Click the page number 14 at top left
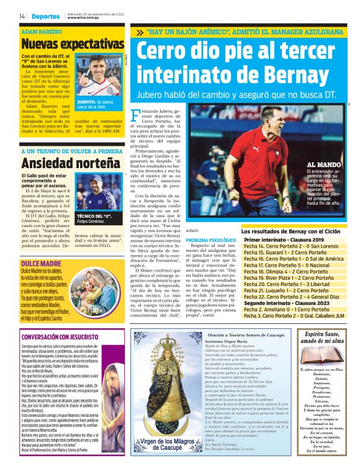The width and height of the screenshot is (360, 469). pyautogui.click(x=22, y=16)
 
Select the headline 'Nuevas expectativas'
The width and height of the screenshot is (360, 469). pyautogui.click(x=72, y=45)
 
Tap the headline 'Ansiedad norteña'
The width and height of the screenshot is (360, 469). pyautogui.click(x=63, y=164)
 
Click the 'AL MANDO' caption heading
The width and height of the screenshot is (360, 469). pyautogui.click(x=322, y=165)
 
